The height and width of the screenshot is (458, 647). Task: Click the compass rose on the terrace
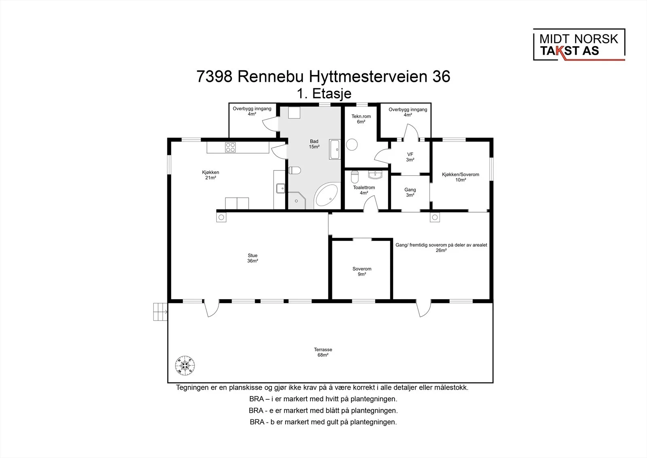coord(185,365)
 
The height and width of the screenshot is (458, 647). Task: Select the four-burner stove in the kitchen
coord(230,147)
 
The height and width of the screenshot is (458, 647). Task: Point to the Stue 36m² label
coord(252,258)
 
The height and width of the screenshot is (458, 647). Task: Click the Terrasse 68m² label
coord(323,352)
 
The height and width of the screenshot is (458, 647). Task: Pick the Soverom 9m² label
coord(362,271)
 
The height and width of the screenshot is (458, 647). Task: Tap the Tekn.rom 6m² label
coord(361,119)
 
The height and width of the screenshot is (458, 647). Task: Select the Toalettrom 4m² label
coord(364,190)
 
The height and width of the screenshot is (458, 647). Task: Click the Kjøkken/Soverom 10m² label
coord(461,177)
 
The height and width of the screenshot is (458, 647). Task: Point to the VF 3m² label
coord(410,157)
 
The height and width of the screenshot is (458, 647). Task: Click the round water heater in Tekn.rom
coord(352,145)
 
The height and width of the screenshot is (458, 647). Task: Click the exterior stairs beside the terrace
coord(160,312)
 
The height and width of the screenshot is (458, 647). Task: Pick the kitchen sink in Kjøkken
coord(281,188)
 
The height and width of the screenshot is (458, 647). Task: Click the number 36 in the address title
coord(441,77)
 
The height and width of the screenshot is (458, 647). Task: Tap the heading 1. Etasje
coord(324,94)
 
